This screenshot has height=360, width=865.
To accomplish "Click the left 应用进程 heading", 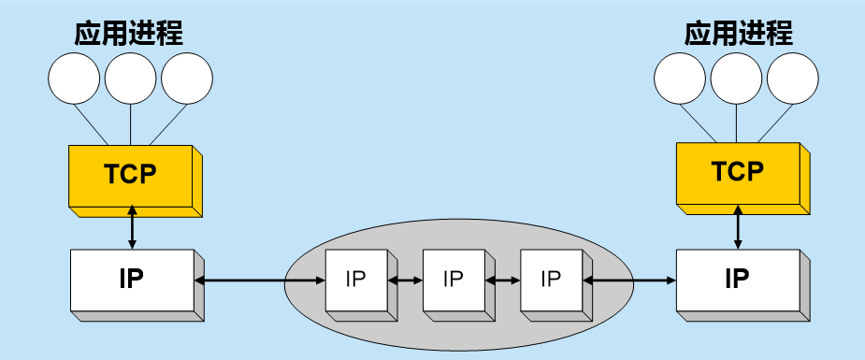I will click(x=129, y=34).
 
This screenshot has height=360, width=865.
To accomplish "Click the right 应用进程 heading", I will click(x=738, y=34).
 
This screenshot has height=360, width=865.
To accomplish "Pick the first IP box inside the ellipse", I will click(x=355, y=280).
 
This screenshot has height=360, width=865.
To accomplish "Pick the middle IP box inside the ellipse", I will click(x=453, y=280).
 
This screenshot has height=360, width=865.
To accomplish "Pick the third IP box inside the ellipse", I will click(x=550, y=280).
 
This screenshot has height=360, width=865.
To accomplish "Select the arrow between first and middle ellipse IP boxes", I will click(x=405, y=280).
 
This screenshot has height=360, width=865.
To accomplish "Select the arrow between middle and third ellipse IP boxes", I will click(x=502, y=280).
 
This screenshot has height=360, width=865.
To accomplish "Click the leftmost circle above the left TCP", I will click(x=74, y=78).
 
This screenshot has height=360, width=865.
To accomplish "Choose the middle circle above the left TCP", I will click(x=131, y=78).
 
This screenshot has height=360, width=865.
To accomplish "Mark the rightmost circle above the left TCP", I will click(x=187, y=78).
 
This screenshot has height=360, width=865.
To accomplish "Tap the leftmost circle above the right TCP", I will click(x=681, y=78).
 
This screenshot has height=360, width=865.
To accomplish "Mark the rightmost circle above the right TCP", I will click(x=794, y=78).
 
